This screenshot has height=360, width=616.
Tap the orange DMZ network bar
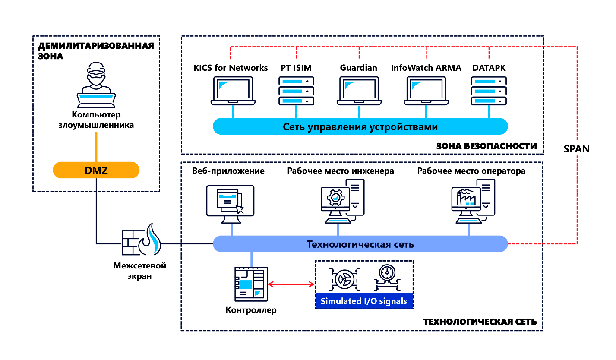[x=96, y=170]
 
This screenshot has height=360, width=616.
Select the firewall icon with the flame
[x=141, y=240]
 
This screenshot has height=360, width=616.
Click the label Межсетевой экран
[x=139, y=271]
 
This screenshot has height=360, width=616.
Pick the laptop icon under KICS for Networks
[x=233, y=91]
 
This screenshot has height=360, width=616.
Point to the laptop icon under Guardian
[x=359, y=91]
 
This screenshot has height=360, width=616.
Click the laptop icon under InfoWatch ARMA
[x=426, y=91]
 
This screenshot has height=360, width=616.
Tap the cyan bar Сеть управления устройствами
[x=360, y=127]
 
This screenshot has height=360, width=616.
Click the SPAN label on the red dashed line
[x=576, y=149]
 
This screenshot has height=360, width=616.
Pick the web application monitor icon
[x=230, y=203]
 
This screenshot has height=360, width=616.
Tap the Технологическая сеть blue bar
[x=360, y=244]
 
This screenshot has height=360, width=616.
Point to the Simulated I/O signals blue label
[x=364, y=301]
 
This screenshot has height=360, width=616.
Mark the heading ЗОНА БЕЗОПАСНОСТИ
[x=486, y=146]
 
